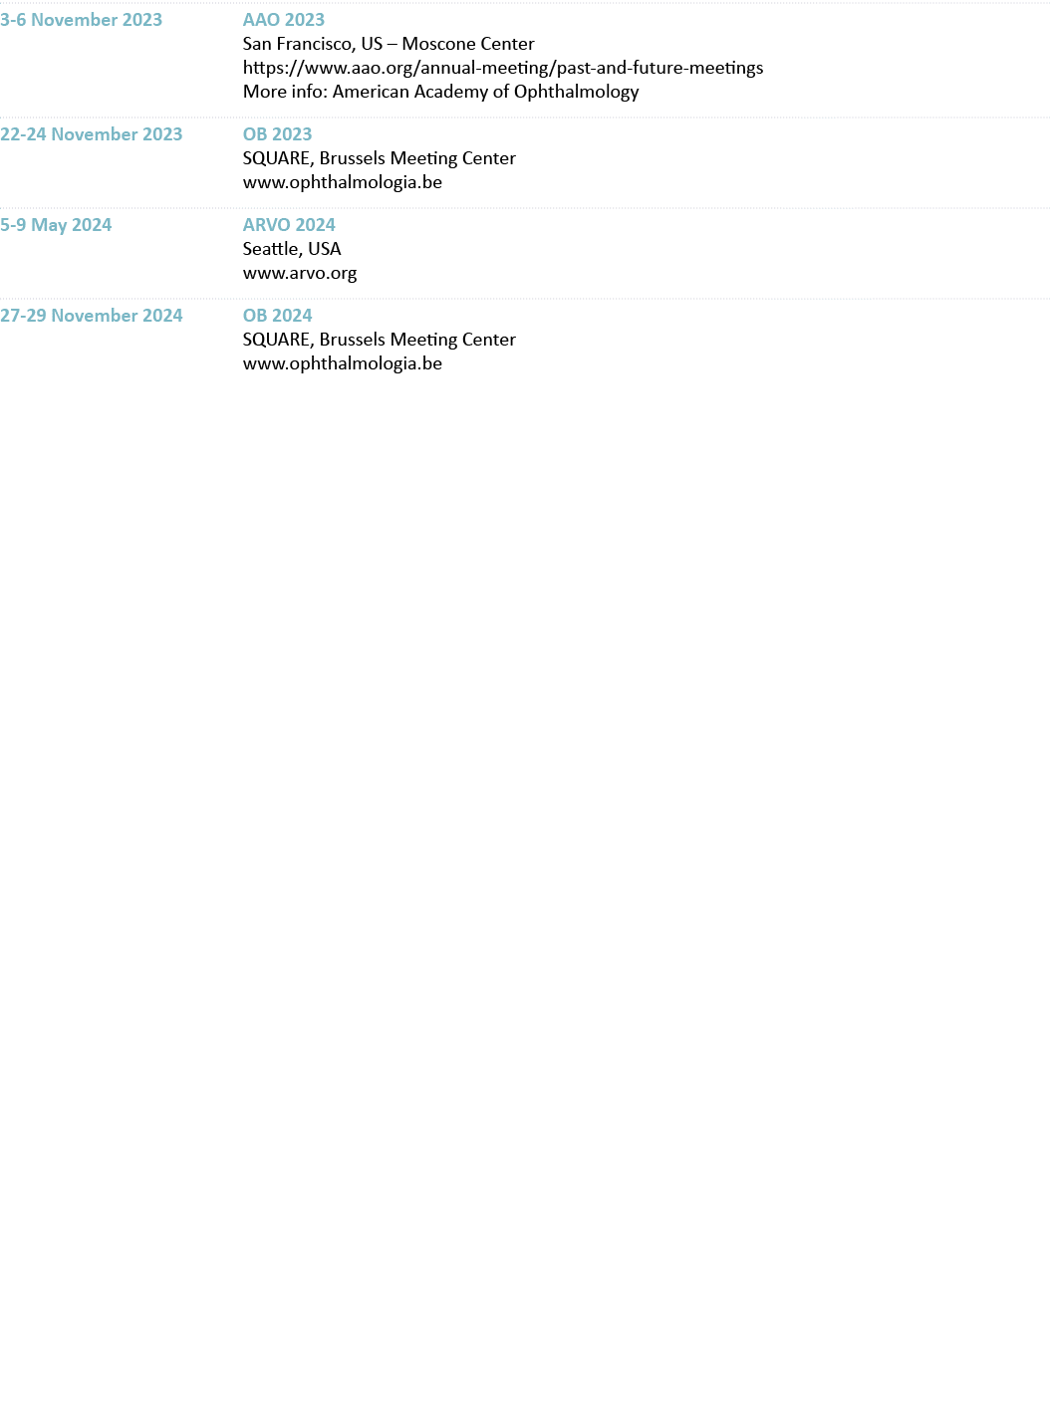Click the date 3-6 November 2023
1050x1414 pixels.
pyautogui.click(x=81, y=20)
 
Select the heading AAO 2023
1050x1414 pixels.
pyautogui.click(x=284, y=20)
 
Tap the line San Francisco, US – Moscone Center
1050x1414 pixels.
pyautogui.click(x=389, y=44)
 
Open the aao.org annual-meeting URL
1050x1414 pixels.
pyautogui.click(x=503, y=68)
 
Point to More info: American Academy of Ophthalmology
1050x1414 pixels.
pyautogui.click(x=440, y=92)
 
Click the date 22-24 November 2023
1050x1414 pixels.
pyautogui.click(x=92, y=134)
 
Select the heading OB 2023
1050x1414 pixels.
pyautogui.click(x=277, y=134)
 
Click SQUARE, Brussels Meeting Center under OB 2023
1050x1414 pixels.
pyautogui.click(x=379, y=158)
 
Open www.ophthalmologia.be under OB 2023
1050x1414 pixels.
pyautogui.click(x=343, y=182)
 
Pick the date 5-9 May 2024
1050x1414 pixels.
pyautogui.click(x=56, y=225)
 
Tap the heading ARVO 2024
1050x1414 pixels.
pyautogui.click(x=289, y=225)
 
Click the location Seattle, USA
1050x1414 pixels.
pyautogui.click(x=292, y=249)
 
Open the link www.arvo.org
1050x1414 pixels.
pyautogui.click(x=300, y=273)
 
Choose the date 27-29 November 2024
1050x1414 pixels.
pyautogui.click(x=92, y=316)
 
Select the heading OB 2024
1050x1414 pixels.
pyautogui.click(x=277, y=316)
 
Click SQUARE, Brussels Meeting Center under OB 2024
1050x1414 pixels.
pyautogui.click(x=379, y=340)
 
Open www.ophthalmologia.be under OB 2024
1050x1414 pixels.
pyautogui.click(x=343, y=363)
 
